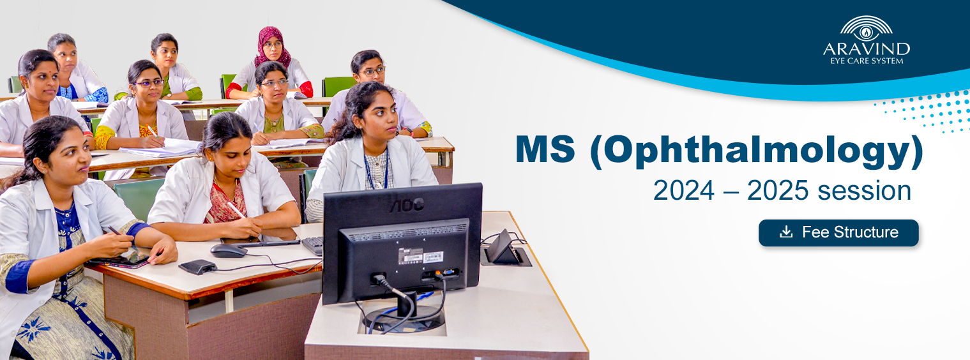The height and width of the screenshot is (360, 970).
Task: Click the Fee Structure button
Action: tap(838, 233)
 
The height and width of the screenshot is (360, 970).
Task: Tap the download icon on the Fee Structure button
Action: tap(786, 232)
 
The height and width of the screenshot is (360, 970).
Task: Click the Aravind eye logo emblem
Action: tap(866, 28)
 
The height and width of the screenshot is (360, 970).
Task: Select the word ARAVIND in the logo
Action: tap(867, 49)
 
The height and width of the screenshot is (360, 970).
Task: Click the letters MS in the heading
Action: tap(545, 149)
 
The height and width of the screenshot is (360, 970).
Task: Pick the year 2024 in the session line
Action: tap(684, 190)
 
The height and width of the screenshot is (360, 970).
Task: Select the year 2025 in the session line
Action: tap(778, 190)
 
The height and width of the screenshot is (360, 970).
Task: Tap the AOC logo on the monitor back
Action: tap(406, 206)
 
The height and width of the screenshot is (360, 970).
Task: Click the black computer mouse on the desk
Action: tap(229, 250)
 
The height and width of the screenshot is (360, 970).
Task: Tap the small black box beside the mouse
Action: tap(197, 267)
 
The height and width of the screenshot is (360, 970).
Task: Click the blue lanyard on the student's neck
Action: tap(376, 170)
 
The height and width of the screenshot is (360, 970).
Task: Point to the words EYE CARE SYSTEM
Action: tap(867, 61)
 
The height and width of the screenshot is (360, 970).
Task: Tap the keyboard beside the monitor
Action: tap(312, 245)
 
